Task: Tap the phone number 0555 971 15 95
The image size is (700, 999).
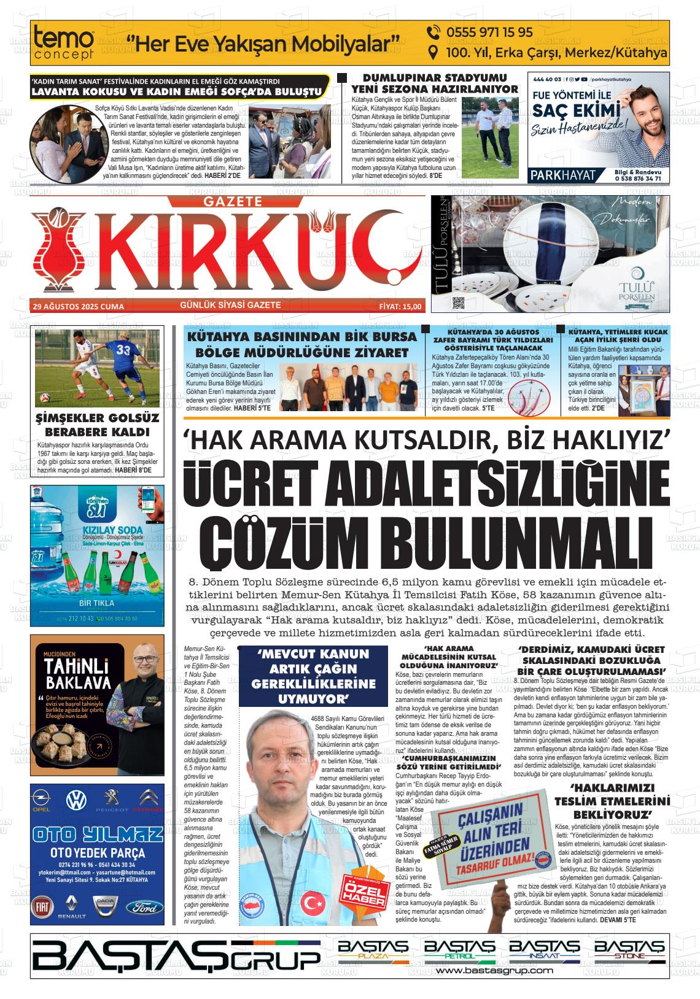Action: [481, 33]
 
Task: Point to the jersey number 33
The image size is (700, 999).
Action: [123, 350]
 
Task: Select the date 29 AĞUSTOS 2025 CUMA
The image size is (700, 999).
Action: [78, 306]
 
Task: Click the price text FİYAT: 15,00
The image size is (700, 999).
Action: [400, 306]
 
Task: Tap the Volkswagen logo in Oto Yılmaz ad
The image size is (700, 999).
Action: [76, 800]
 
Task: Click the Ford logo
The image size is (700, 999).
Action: [145, 907]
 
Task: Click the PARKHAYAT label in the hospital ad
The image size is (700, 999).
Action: [564, 175]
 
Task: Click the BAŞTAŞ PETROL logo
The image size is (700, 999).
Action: [459, 951]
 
